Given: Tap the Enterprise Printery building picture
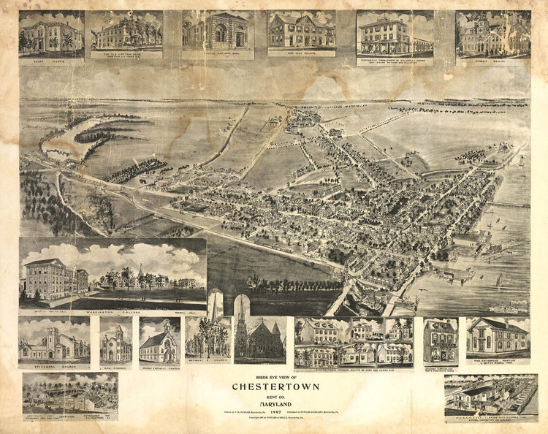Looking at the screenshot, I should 498,336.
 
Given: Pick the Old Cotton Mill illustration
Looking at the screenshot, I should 126,31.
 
